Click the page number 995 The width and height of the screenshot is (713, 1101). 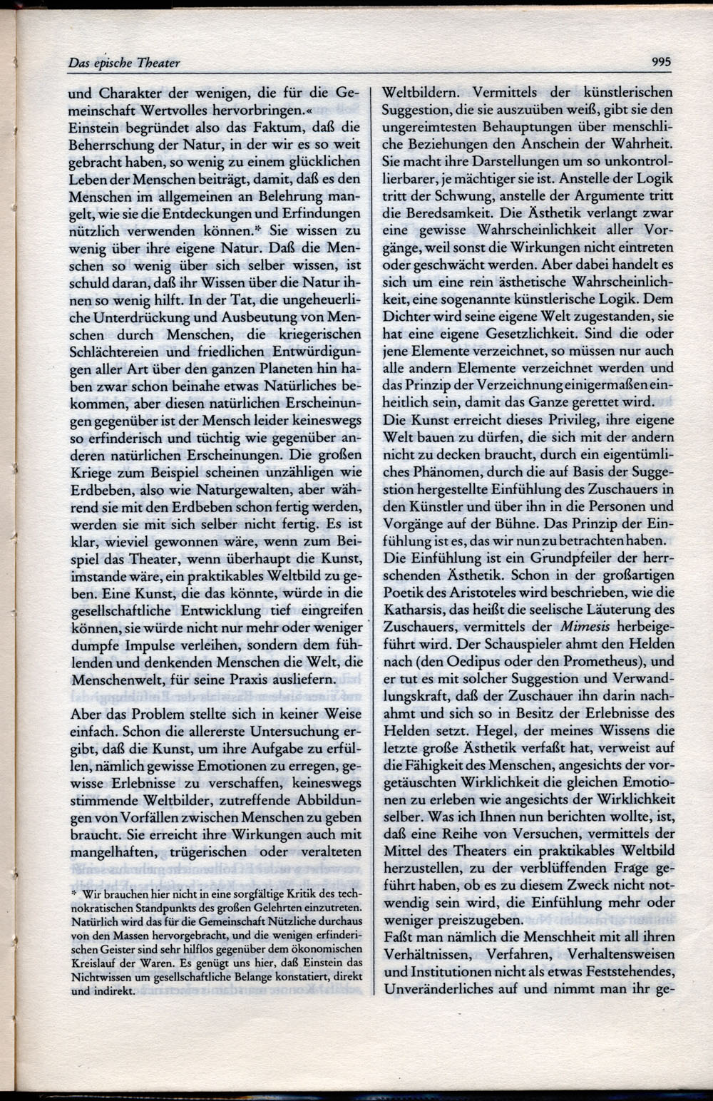(661, 62)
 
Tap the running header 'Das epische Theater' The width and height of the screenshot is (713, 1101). (124, 63)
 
